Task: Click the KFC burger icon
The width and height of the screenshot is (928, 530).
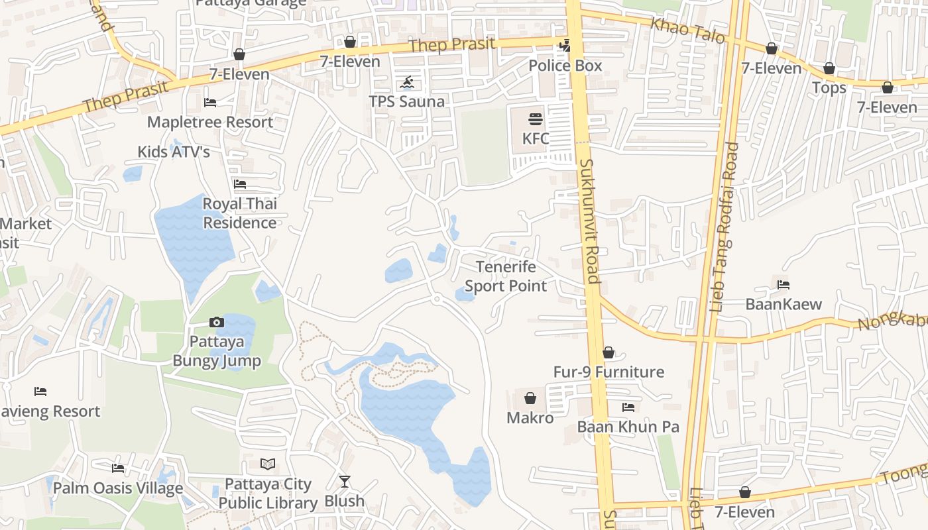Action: tap(536, 119)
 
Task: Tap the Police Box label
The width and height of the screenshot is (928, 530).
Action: tap(565, 66)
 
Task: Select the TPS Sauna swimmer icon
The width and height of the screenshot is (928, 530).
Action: tap(407, 83)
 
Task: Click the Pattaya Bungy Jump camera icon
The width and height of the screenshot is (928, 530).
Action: tap(216, 323)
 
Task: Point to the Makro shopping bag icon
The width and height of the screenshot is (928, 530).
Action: tap(530, 398)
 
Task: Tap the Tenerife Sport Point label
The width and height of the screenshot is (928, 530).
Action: tap(506, 276)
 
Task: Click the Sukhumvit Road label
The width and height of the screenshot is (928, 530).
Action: tap(589, 221)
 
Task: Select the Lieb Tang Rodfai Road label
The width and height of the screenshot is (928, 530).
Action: tap(724, 227)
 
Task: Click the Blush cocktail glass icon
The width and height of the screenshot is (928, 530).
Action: tap(344, 482)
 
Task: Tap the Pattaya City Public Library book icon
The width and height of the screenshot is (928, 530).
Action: tap(268, 464)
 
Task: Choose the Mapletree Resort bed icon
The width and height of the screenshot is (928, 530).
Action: tap(209, 103)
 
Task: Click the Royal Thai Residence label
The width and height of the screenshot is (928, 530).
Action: tap(239, 213)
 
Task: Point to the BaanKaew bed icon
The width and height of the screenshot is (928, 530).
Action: tap(783, 285)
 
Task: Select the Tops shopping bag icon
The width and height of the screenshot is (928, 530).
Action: tap(829, 69)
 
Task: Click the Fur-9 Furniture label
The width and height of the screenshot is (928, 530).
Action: tap(609, 372)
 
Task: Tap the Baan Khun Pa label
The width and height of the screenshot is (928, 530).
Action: tap(628, 427)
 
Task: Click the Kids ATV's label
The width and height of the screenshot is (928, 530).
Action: tap(174, 152)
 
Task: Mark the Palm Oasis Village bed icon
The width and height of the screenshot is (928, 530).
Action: tap(118, 468)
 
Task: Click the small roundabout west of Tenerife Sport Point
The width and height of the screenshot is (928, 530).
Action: tap(436, 300)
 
